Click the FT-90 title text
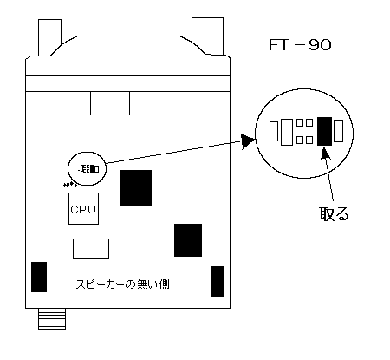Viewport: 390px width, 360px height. coord(300,45)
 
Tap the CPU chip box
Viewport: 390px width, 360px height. coord(83,208)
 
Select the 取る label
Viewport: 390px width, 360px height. coord(334,213)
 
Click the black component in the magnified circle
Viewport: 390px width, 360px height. coord(324,131)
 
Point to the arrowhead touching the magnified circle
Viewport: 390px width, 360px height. coord(247,141)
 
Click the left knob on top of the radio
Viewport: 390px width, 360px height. coord(49,37)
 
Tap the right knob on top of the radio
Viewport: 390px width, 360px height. coord(207,36)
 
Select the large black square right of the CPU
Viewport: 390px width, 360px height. coord(135,187)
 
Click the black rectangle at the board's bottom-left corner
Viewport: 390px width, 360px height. coord(39,277)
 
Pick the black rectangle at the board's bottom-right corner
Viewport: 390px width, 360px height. coord(218,281)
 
